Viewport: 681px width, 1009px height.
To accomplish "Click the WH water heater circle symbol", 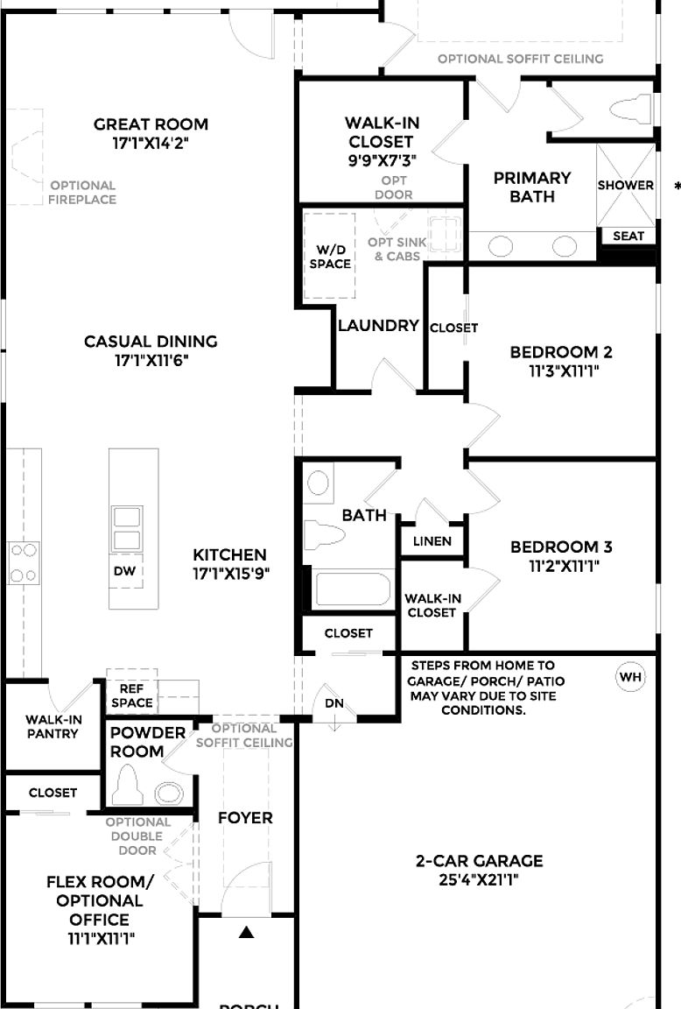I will (x=631, y=677).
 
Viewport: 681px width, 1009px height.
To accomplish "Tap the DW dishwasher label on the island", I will (x=124, y=570).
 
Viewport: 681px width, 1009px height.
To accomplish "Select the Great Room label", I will (x=151, y=124).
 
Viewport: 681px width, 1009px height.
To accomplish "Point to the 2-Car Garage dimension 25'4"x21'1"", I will (x=479, y=880).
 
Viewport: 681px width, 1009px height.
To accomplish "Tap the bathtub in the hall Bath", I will (x=353, y=589).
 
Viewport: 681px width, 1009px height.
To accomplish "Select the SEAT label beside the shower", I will (x=628, y=236).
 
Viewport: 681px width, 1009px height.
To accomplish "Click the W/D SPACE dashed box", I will (x=329, y=255).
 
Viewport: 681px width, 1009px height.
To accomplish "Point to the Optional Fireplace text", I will (x=82, y=192).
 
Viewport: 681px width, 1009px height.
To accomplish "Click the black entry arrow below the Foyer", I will (x=246, y=933).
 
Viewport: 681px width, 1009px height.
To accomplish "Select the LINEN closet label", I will (x=432, y=541).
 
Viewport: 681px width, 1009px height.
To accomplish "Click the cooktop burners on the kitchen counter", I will (x=23, y=562).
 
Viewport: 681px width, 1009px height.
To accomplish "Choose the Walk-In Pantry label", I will (x=53, y=726).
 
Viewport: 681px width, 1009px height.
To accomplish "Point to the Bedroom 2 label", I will (x=561, y=352).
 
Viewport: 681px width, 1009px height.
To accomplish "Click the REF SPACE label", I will (x=132, y=695).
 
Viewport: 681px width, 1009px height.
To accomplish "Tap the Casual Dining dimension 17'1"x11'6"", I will (x=151, y=360).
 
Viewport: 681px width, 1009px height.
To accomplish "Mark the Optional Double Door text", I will (x=137, y=836).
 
